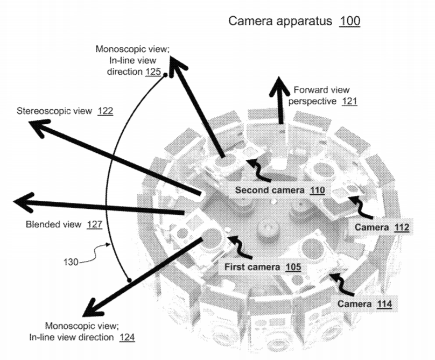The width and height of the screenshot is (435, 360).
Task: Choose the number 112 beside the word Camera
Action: tap(399, 228)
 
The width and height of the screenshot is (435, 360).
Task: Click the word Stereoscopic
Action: tap(48, 111)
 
